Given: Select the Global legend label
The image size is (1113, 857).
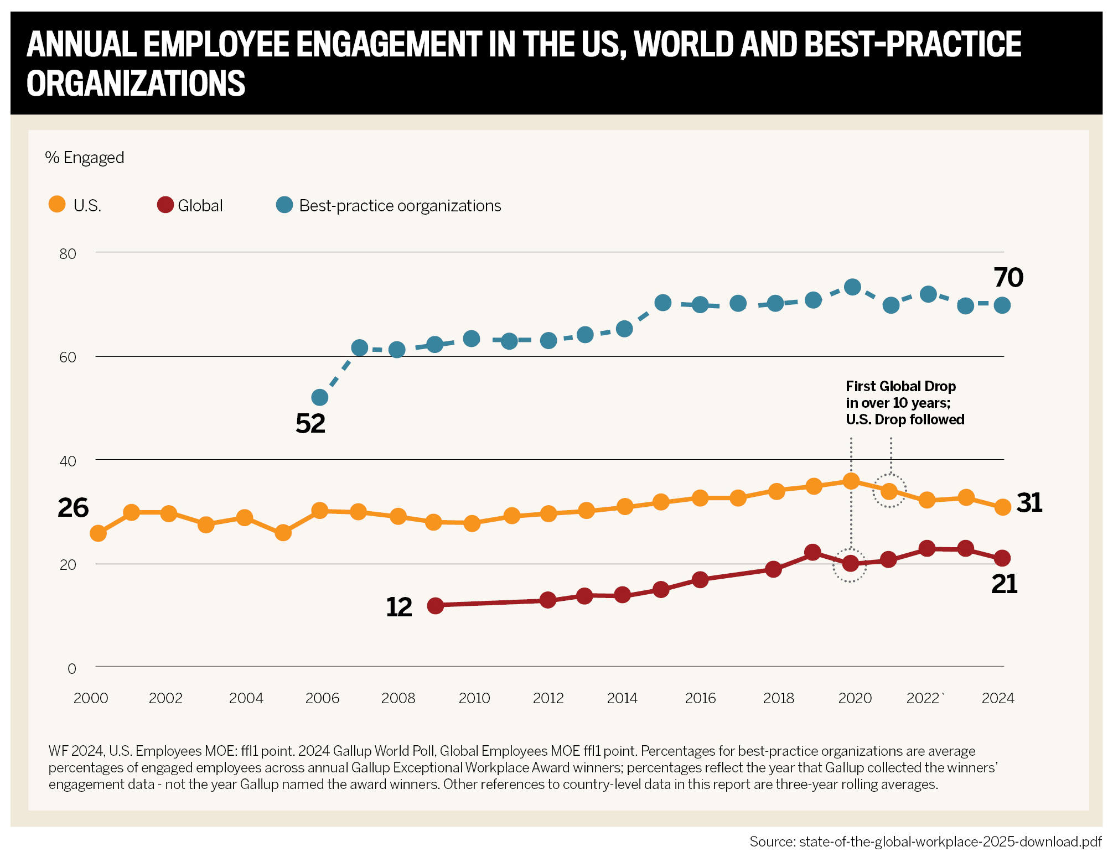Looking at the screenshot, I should [x=200, y=206].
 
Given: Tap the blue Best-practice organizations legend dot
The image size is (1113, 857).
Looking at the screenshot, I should [x=284, y=205].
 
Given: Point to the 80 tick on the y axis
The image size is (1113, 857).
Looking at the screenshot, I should [x=68, y=254].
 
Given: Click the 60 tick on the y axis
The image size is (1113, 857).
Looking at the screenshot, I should [x=68, y=357].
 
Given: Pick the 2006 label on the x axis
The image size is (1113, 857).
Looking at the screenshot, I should [x=322, y=698].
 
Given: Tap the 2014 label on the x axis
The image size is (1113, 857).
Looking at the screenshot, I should [x=622, y=698].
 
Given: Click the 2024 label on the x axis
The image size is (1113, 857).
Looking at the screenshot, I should [x=997, y=698].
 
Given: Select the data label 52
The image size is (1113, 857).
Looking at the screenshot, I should [x=310, y=424].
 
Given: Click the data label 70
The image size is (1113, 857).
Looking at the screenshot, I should [x=1008, y=278].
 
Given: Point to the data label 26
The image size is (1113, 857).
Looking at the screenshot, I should [x=73, y=508].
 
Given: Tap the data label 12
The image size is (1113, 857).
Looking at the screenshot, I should [x=399, y=607].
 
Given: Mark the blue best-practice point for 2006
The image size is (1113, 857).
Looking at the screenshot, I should [x=320, y=397].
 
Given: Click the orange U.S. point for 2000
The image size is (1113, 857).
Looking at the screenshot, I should [x=98, y=533].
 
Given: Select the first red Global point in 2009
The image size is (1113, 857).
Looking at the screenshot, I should [x=436, y=606].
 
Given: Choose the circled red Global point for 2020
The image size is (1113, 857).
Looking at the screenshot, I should [x=850, y=564].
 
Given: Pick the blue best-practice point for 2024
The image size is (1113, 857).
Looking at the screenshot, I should [x=1002, y=305].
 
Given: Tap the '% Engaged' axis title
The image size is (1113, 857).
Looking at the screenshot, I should [x=85, y=158].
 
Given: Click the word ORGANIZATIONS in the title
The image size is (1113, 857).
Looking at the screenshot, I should [x=136, y=84].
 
